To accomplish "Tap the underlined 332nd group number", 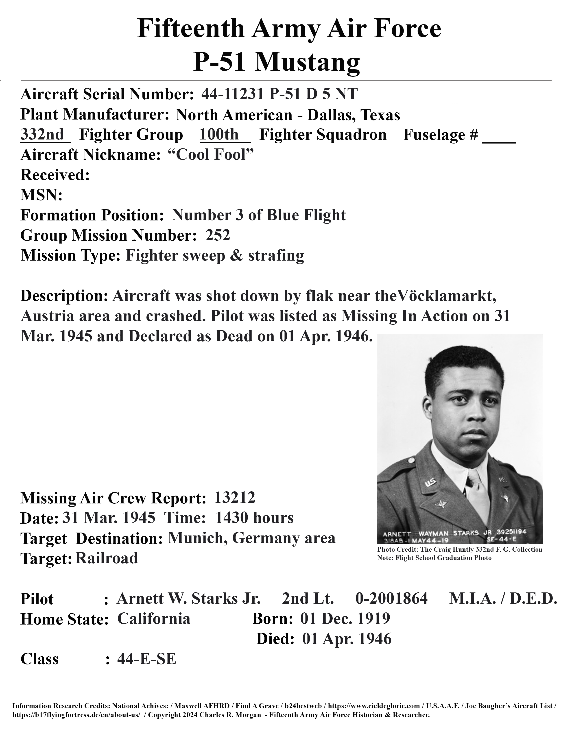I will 42,135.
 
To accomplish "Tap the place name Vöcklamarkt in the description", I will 446,296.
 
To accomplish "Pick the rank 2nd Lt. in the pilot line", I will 308,599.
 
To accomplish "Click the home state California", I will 154,619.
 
